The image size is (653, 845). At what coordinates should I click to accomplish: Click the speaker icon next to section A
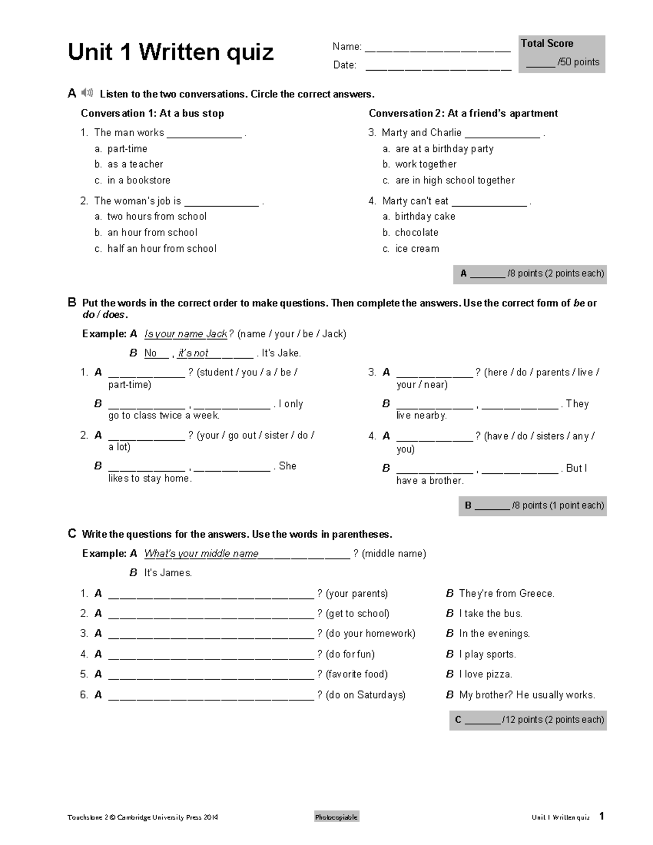[x=87, y=93]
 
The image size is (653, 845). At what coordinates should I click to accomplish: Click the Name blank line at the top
[x=438, y=51]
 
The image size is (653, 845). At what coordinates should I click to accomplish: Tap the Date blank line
[x=438, y=69]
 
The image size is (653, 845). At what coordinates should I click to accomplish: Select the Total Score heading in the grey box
[x=547, y=44]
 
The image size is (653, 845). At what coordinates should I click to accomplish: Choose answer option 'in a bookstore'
[x=139, y=180]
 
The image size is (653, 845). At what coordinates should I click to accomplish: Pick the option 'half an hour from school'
[x=162, y=249]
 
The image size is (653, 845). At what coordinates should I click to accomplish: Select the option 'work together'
[x=426, y=164]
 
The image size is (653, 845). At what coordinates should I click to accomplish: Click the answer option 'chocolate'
[x=416, y=232]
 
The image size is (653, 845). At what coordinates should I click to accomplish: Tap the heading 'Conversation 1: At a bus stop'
[x=152, y=113]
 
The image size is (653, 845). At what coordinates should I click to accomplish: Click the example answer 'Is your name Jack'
[x=186, y=334]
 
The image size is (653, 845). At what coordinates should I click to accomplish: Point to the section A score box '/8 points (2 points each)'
[x=531, y=274]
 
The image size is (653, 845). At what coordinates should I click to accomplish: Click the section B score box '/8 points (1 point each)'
[x=533, y=505]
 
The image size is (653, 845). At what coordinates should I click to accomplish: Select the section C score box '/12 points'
[x=528, y=720]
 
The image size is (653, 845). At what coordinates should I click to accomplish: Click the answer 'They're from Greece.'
[x=506, y=594]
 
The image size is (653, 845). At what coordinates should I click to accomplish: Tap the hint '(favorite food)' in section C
[x=356, y=674]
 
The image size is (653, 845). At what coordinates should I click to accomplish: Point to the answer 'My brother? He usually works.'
[x=527, y=695]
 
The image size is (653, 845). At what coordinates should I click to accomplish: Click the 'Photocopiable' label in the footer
[x=336, y=817]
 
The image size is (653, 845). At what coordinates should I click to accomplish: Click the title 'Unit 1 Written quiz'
[x=170, y=52]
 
